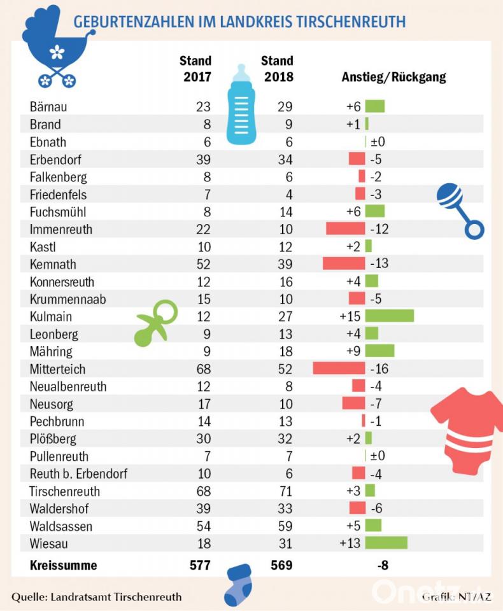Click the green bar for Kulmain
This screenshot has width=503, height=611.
[389, 316]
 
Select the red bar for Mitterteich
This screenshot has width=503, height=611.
[339, 369]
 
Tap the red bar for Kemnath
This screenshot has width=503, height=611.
[344, 263]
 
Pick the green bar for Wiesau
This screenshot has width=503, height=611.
[386, 543]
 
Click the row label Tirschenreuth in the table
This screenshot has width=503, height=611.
[65, 491]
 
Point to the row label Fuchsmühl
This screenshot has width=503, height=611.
[58, 211]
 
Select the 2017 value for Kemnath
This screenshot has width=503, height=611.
[202, 263]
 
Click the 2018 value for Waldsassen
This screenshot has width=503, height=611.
[285, 526]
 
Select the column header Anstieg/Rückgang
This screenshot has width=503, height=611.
[393, 78]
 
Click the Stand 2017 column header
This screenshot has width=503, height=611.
[195, 69]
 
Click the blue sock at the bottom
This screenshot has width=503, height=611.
[238, 585]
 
